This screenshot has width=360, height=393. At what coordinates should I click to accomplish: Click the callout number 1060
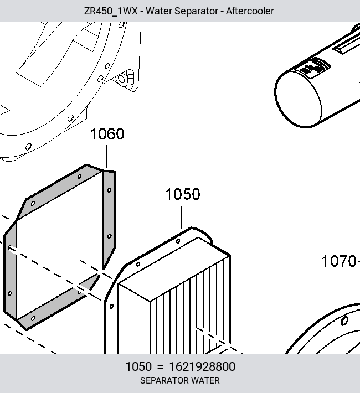[107, 133]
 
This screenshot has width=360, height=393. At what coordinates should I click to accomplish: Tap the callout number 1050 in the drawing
[183, 194]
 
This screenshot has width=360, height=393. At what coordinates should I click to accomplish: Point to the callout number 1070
[339, 261]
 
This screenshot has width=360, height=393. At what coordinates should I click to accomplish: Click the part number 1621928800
[202, 366]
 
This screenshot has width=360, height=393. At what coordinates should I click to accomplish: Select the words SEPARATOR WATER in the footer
[180, 380]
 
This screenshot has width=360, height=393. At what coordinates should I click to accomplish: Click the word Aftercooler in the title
[250, 11]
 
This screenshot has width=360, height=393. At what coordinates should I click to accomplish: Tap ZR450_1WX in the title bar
[111, 11]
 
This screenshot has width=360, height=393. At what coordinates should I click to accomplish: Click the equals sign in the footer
[160, 367]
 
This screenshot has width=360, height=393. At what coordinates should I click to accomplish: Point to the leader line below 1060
[106, 157]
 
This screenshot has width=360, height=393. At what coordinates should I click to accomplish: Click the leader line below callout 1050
[181, 218]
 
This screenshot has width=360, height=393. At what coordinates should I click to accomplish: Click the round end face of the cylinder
[298, 100]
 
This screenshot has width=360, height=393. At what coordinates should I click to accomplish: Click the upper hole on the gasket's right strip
[109, 190]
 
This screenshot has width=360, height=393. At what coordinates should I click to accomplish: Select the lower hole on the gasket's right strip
[109, 236]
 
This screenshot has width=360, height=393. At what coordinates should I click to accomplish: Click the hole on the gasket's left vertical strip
[9, 293]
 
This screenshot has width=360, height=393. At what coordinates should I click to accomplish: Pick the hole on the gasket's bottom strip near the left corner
[33, 318]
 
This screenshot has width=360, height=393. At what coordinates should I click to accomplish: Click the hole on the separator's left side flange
[112, 306]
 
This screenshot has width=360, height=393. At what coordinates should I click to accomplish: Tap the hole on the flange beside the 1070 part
[344, 321]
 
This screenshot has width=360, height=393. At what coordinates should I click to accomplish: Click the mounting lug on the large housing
[125, 80]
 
